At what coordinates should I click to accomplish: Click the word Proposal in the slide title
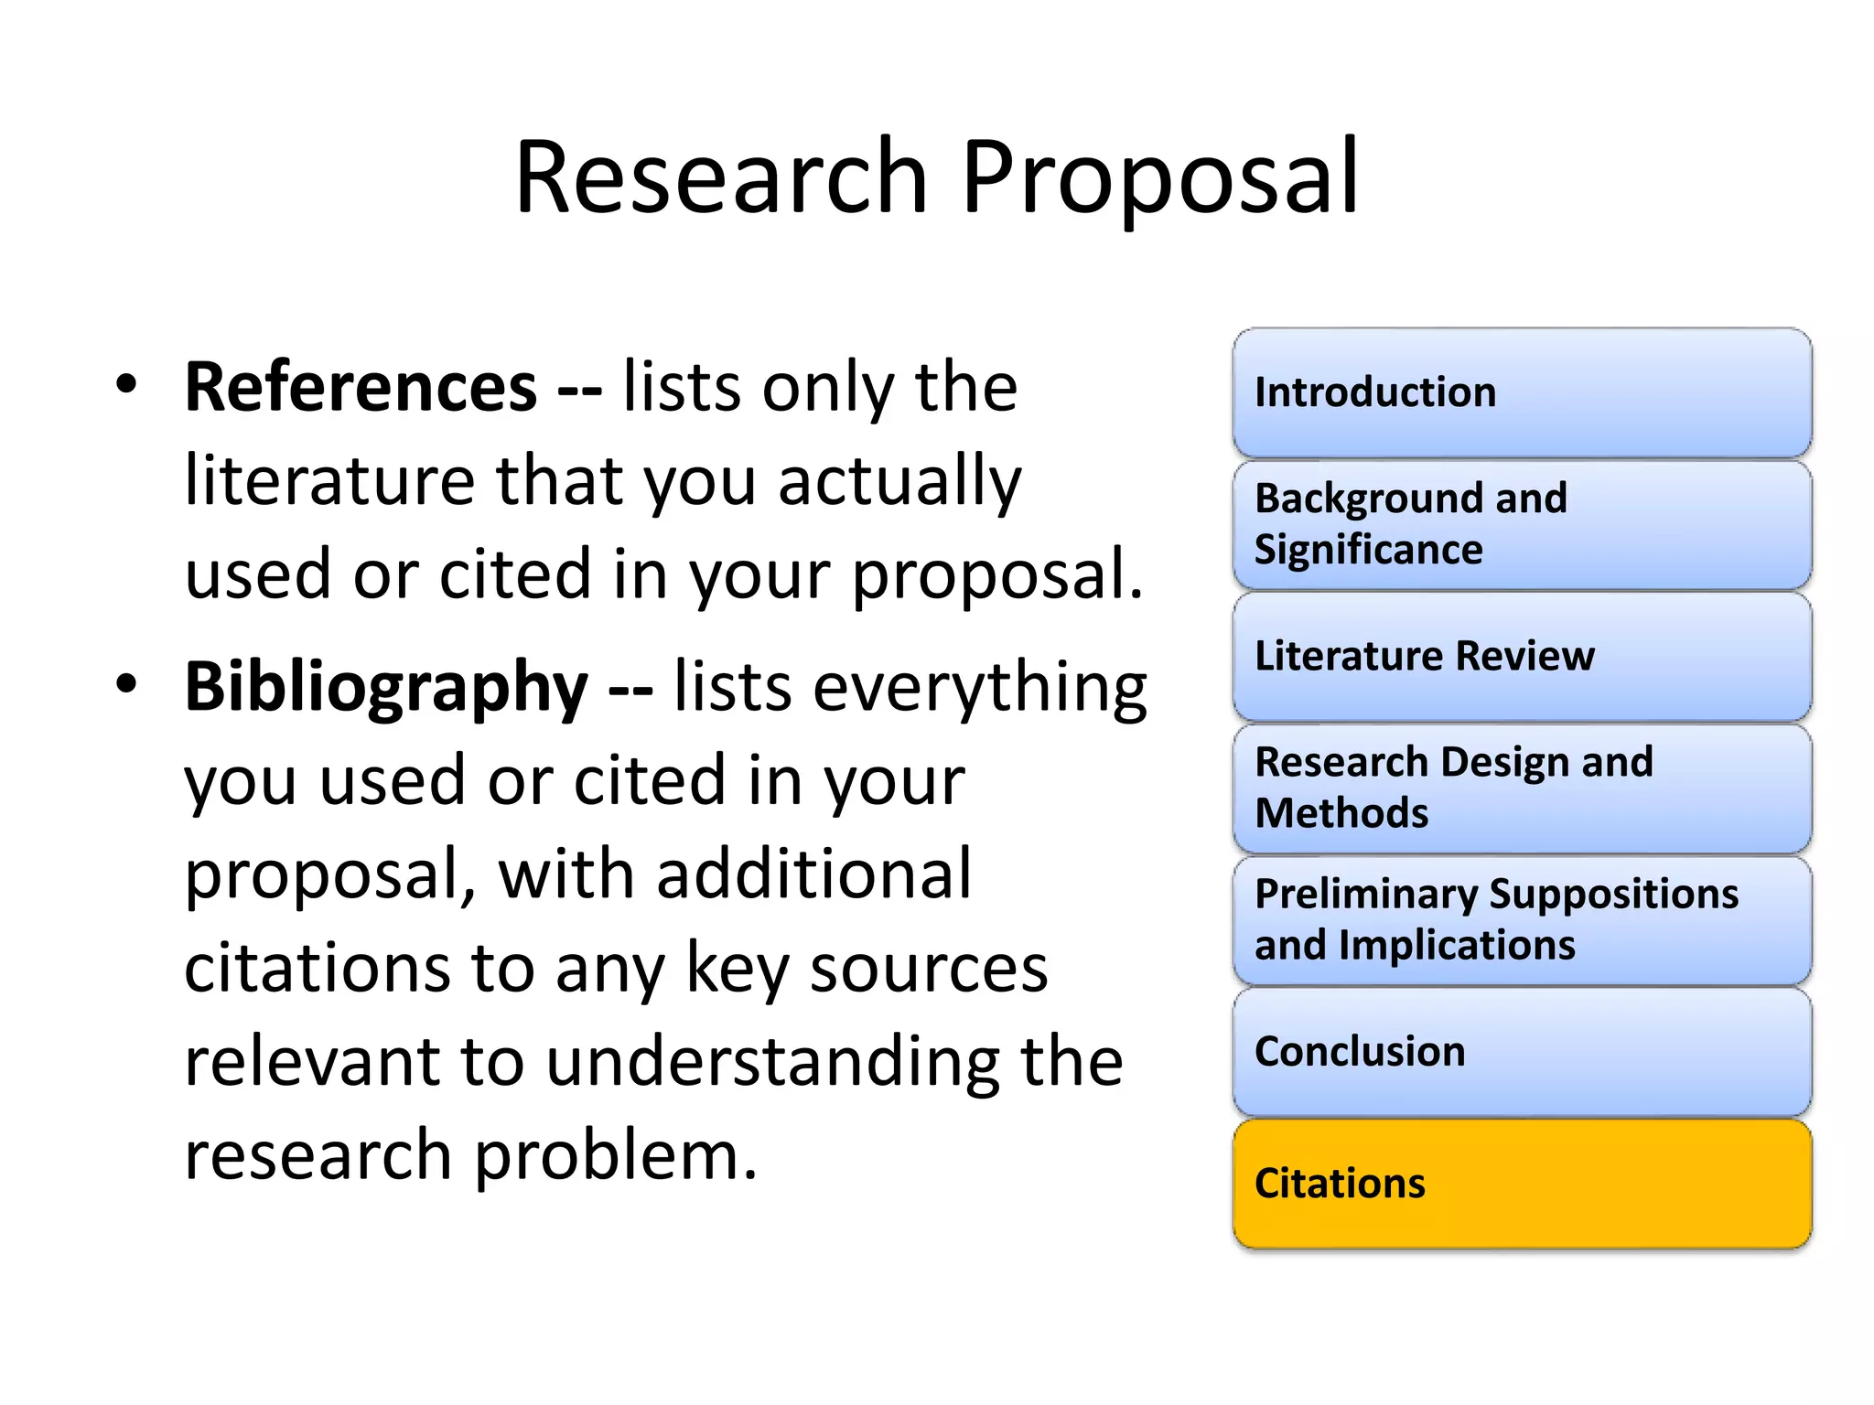pos(1159,178)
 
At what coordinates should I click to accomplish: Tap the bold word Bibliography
pos(386,687)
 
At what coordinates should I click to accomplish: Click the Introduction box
pos(1522,392)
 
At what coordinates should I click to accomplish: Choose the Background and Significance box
pos(1522,524)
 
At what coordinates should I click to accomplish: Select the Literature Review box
pos(1522,656)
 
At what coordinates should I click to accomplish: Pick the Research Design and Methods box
pos(1522,788)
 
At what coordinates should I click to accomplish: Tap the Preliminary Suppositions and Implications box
pos(1522,919)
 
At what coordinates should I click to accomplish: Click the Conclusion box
pos(1522,1051)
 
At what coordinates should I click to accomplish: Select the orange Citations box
pos(1522,1184)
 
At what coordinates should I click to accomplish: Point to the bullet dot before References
pos(126,384)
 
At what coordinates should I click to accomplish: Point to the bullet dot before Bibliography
pos(126,683)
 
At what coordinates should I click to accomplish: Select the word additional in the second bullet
pos(813,874)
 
